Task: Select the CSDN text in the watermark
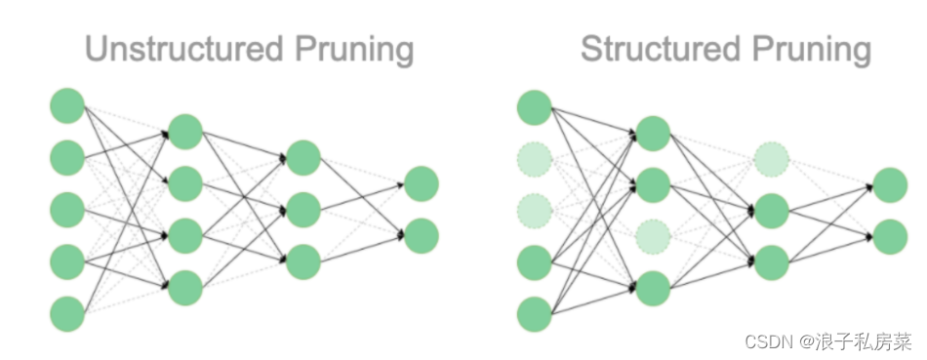click(x=766, y=340)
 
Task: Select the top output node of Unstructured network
click(x=422, y=182)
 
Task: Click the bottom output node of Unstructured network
click(x=422, y=235)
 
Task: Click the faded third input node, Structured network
click(x=535, y=208)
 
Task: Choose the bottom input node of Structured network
click(x=535, y=312)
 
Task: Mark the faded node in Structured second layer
click(x=654, y=235)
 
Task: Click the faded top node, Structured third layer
click(x=772, y=156)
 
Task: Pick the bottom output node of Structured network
click(x=890, y=235)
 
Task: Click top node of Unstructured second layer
click(x=185, y=130)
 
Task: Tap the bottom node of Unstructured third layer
click(x=303, y=260)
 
